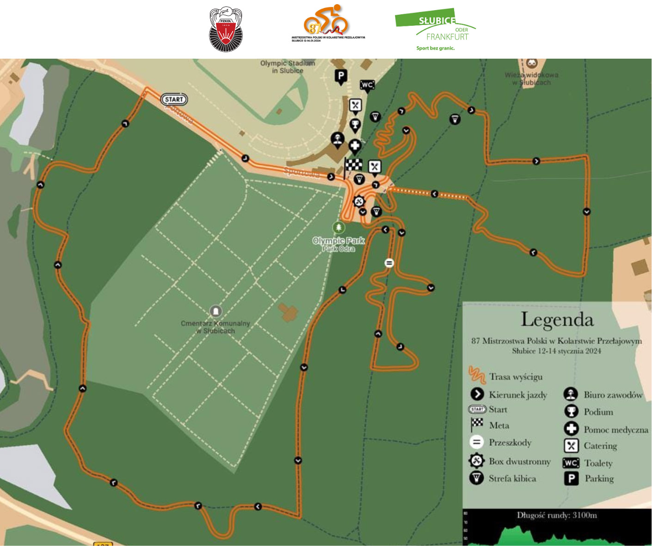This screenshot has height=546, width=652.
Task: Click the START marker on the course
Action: coord(174,99)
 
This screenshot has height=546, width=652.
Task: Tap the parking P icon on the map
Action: coord(341,76)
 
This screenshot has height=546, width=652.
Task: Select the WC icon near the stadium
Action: coord(367,85)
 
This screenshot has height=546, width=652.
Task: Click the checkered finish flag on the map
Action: coord(354,165)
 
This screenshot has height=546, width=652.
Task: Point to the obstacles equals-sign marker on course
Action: coord(389,263)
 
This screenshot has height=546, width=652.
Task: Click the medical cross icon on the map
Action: coord(355,146)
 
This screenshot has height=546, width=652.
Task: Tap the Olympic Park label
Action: coord(338,241)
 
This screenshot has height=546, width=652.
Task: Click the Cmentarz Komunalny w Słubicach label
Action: coord(215,327)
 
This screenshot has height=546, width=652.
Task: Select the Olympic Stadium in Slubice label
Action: coord(287,67)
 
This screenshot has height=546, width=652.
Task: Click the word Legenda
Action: coord(557,320)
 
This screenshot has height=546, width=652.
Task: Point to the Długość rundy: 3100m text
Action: coord(557,516)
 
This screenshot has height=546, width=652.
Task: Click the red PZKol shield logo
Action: coord(226,30)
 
